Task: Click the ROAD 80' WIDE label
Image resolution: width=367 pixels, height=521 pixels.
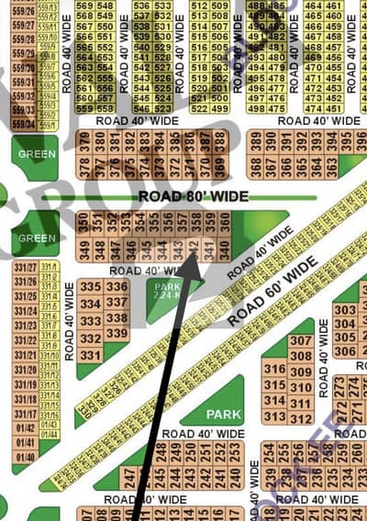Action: [192, 196]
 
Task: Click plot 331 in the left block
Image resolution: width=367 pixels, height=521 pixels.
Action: [90, 355]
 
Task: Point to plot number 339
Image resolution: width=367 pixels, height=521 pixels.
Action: [117, 332]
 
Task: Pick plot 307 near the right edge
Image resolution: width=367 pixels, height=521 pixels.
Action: [300, 341]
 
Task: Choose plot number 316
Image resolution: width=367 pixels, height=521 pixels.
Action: [273, 368]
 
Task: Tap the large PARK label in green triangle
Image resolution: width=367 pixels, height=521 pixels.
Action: [223, 414]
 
